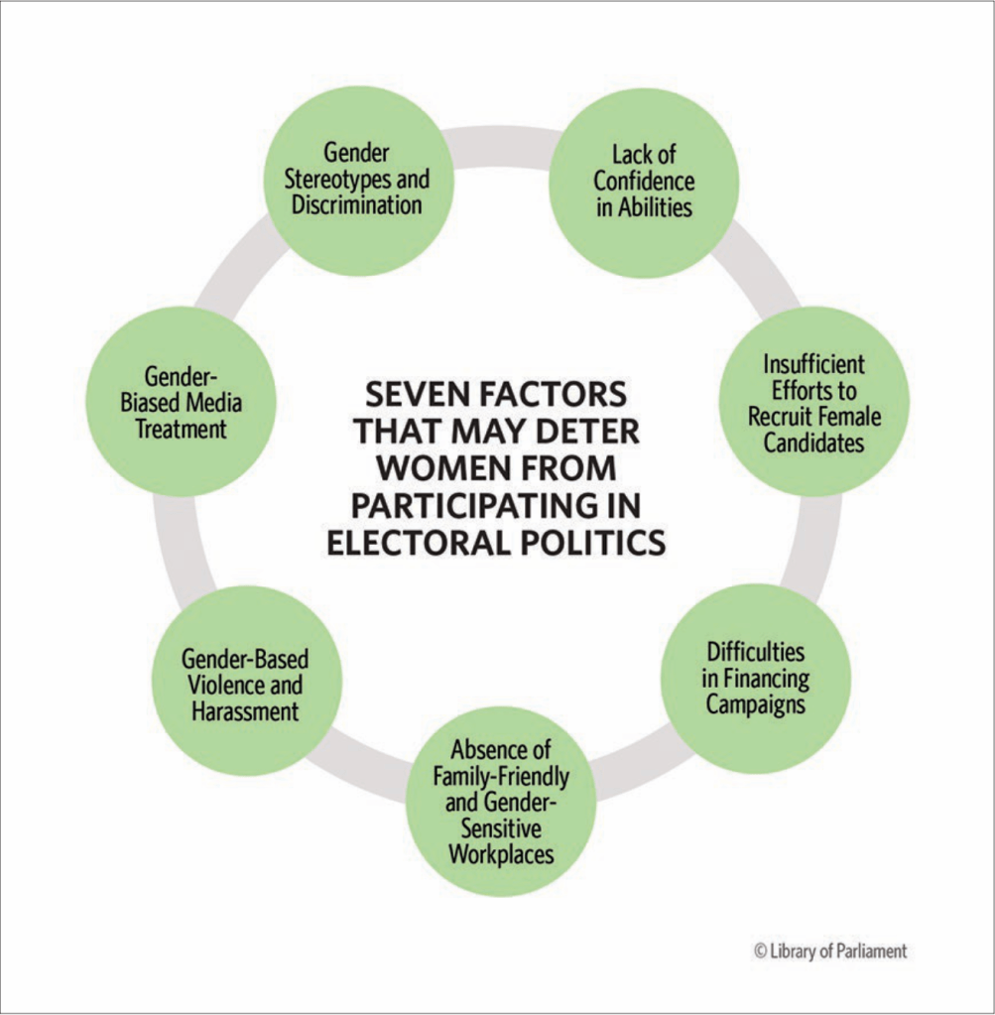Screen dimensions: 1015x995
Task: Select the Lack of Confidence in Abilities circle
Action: [x=644, y=182]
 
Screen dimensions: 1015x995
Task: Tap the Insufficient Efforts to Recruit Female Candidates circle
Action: [x=813, y=402]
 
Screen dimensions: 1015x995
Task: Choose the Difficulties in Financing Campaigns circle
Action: [x=756, y=679]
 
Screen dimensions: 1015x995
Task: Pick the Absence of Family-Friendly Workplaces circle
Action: [x=500, y=801]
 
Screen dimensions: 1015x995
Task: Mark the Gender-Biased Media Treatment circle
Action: [x=181, y=402]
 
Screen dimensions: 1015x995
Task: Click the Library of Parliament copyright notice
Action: [x=829, y=951]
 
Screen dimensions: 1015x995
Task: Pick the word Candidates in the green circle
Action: [x=813, y=443]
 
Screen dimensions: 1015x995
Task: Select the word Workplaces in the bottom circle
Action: [x=500, y=852]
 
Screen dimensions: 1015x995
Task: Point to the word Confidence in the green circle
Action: [x=644, y=182]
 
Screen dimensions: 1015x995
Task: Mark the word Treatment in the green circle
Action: [x=181, y=430]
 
